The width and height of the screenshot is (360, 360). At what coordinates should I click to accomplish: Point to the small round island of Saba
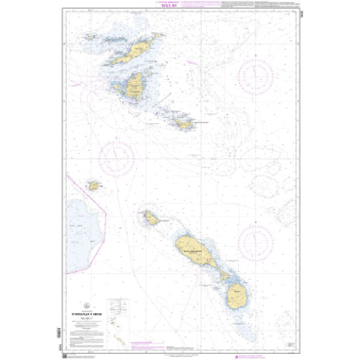94,185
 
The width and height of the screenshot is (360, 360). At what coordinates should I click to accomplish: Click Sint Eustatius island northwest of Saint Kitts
149,217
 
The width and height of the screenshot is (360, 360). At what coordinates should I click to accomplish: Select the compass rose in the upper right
255,76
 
